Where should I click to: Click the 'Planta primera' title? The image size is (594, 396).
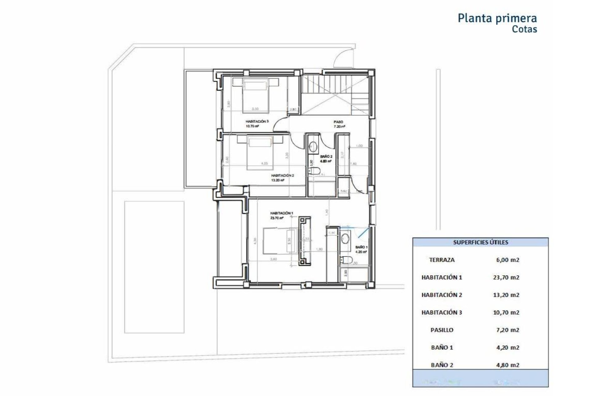[x=497, y=18]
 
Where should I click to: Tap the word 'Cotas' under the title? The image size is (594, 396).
[x=524, y=29]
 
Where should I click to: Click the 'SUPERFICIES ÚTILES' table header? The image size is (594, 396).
[x=480, y=242]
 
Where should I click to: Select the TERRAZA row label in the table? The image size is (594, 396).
[x=442, y=260]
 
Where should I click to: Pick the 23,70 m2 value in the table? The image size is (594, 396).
[x=506, y=278]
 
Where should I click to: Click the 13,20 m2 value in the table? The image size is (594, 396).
[x=506, y=295]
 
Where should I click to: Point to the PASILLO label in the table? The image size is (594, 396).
[x=442, y=330]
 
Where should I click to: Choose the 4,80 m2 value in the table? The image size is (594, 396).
[x=506, y=365]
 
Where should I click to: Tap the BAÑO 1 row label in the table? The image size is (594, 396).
[x=442, y=347]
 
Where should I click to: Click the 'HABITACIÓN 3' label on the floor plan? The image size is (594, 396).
[x=257, y=122]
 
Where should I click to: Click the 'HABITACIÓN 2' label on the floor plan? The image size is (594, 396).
[x=282, y=176]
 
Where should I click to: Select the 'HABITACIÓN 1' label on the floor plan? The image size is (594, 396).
[x=281, y=213]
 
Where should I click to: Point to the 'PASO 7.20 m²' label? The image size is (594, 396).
[x=339, y=124]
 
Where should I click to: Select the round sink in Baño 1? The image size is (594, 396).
[x=345, y=239]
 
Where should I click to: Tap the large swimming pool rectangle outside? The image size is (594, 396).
[x=154, y=267]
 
